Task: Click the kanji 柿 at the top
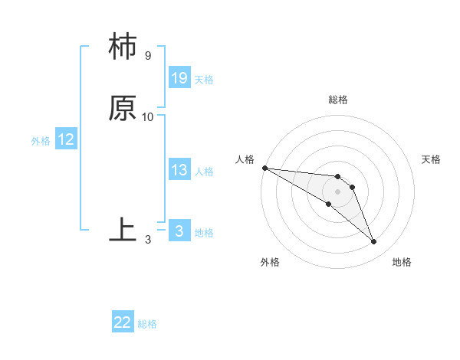[x=123, y=47]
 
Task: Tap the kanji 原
[x=123, y=109]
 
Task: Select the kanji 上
[x=123, y=231]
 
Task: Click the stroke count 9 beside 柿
[x=147, y=56]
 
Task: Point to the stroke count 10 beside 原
[x=148, y=117]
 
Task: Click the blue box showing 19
[x=179, y=78]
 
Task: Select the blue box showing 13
[x=179, y=170]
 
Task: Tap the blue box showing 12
[x=66, y=139]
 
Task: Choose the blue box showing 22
[x=123, y=322]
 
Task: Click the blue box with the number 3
[x=179, y=231]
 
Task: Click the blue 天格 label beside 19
[x=204, y=80]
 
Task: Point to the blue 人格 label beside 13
[x=204, y=172]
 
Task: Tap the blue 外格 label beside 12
[x=41, y=141]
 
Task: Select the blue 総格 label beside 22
[x=147, y=324]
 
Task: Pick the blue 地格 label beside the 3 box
[x=204, y=233]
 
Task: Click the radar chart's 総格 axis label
[x=337, y=100]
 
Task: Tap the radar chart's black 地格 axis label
[x=402, y=262]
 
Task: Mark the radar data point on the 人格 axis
[x=264, y=168]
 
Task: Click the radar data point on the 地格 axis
[x=374, y=242]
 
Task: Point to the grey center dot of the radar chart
[x=337, y=191]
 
